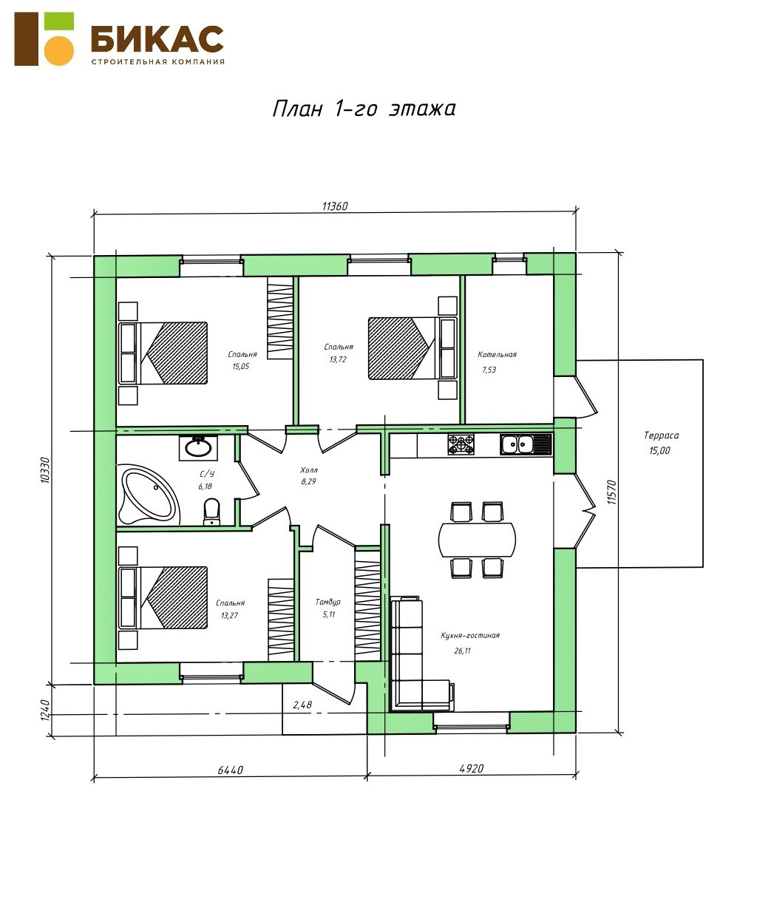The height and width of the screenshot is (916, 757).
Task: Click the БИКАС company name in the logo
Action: click(157, 38)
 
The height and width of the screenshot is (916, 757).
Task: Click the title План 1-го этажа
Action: click(364, 109)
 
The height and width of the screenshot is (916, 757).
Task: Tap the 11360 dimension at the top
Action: click(335, 206)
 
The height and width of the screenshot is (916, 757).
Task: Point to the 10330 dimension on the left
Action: click(45, 470)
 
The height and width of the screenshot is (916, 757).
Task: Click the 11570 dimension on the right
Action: click(612, 492)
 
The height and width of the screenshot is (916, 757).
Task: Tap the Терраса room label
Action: click(661, 435)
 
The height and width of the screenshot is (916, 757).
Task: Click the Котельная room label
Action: click(497, 354)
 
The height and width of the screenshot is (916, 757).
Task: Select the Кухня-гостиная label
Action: click(470, 635)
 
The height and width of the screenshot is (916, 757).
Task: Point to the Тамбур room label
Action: click(327, 602)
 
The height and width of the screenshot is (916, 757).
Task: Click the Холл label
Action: click(309, 470)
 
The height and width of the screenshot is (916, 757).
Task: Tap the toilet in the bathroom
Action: click(212, 511)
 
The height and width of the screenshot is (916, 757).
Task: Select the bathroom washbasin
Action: click(198, 448)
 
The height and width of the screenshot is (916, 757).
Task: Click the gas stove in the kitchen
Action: click(461, 444)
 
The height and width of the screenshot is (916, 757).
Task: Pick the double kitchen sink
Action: click(526, 444)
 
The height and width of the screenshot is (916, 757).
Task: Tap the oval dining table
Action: click(477, 539)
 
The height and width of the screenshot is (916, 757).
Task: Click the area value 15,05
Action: click(241, 366)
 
